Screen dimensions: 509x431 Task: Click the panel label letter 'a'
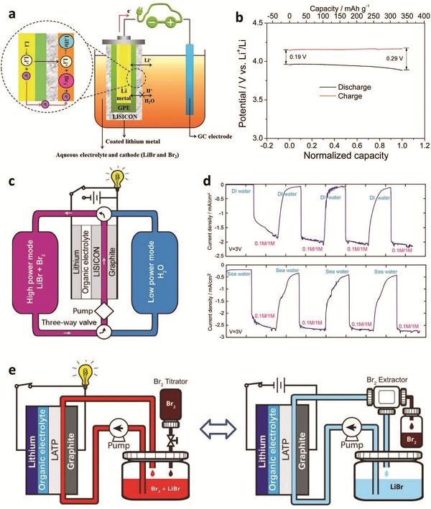(10, 14)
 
